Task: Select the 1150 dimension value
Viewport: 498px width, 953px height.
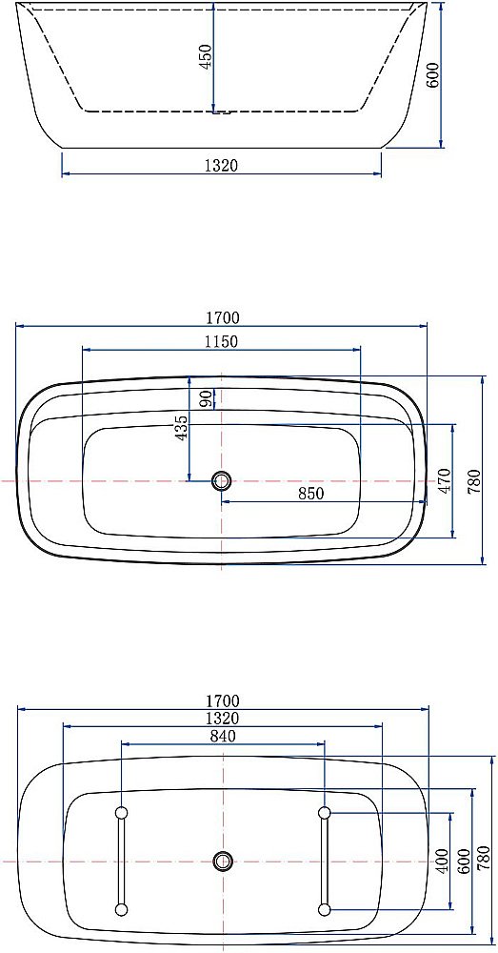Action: coord(221,341)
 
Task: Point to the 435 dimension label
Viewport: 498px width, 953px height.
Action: coord(181,428)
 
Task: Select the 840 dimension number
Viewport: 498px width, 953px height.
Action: coord(221,736)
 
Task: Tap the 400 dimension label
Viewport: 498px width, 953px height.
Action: coord(441,862)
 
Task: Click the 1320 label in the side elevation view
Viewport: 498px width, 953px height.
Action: coord(221,166)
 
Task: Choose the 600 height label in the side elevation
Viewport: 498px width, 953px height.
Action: coord(433,75)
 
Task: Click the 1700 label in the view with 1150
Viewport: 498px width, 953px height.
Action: coord(221,318)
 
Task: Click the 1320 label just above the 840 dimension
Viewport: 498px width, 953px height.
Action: coord(221,719)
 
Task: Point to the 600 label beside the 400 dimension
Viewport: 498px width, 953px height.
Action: coord(463,861)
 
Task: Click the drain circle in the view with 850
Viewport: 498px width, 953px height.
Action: coord(222,481)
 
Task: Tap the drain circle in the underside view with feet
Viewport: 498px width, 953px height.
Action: coord(223,861)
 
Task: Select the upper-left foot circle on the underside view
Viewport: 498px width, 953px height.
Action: coord(121,812)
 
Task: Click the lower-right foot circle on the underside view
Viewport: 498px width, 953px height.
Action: coord(325,910)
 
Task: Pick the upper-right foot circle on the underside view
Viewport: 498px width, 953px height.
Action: coord(325,812)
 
